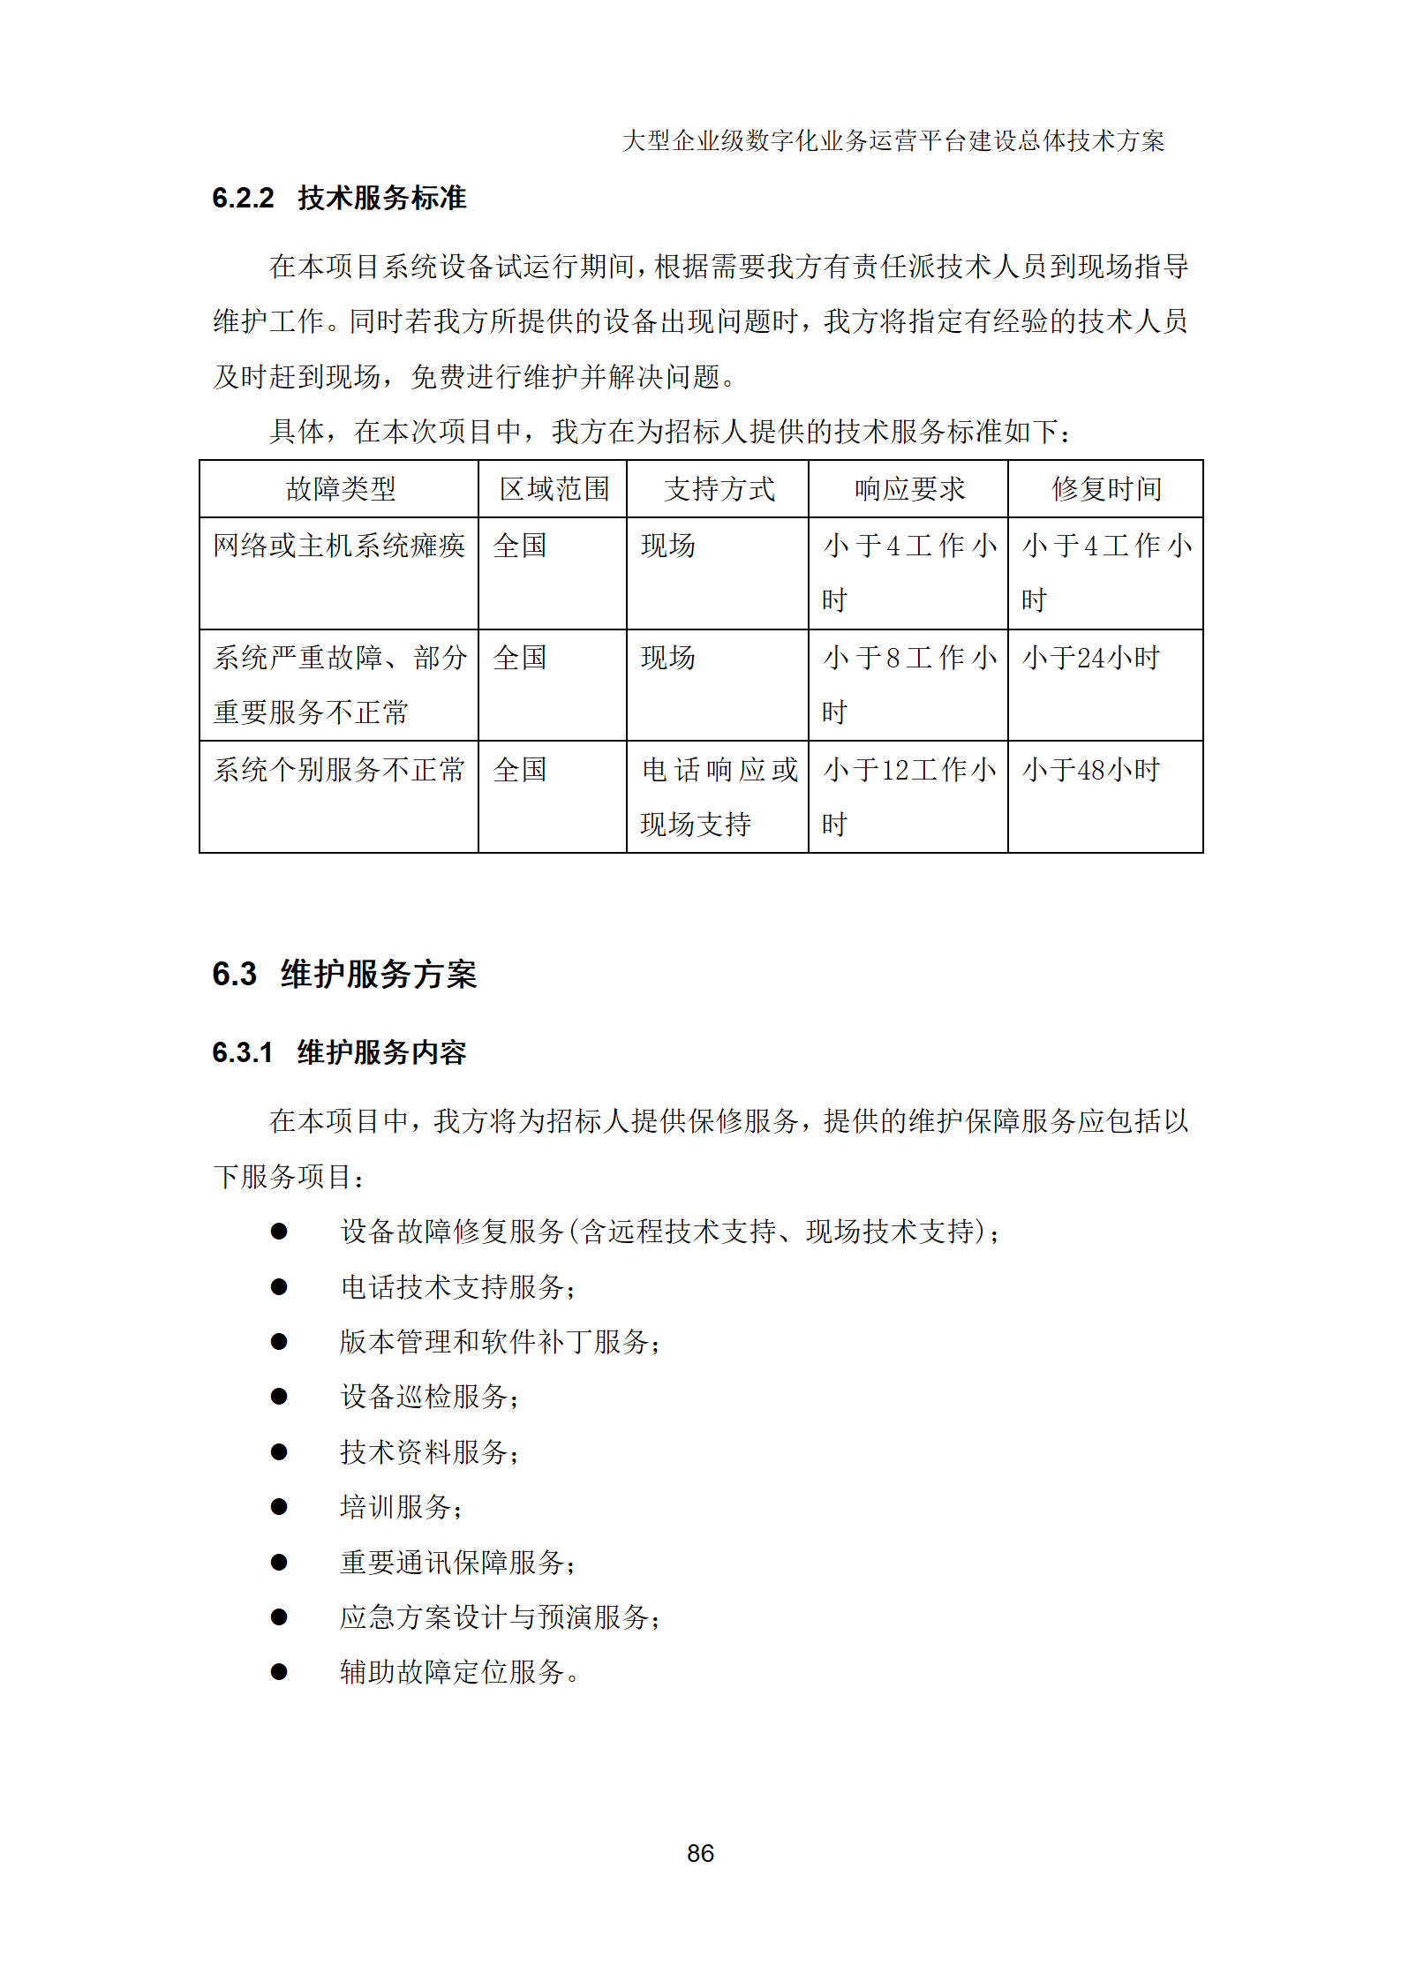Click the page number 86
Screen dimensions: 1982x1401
coord(700,1852)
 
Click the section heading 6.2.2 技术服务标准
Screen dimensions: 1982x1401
coord(339,198)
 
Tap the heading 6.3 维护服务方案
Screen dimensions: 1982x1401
coord(344,974)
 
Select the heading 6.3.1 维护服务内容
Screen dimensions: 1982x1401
coord(339,1051)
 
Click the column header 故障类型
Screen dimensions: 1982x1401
coord(340,489)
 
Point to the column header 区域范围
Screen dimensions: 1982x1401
coord(554,489)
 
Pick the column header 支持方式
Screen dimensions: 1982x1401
coord(719,489)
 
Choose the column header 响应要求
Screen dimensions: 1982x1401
coord(909,489)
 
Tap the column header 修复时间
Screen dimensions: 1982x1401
coord(1106,489)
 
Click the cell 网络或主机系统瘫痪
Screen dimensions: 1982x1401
coord(339,546)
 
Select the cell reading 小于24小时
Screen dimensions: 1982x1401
coord(1091,658)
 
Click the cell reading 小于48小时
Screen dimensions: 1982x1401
coord(1091,770)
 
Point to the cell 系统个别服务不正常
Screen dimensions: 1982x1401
coord(339,770)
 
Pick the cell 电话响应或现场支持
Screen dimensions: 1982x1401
coord(719,796)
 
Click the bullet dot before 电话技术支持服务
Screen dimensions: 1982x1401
coord(279,1286)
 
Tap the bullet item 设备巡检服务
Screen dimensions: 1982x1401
coord(429,1397)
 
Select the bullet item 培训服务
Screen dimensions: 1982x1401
coord(401,1507)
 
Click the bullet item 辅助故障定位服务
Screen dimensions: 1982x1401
coord(459,1671)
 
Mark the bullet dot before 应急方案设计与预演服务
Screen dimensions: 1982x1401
coord(279,1616)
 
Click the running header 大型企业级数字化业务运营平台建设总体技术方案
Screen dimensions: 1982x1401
coord(893,141)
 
